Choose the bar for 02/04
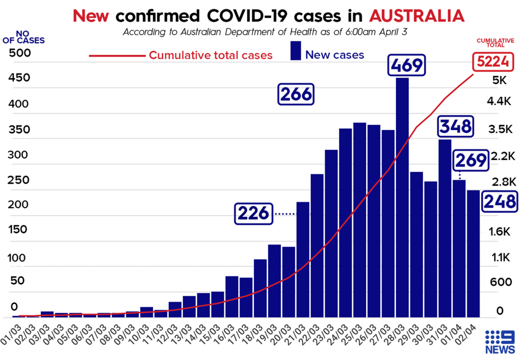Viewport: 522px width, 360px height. (x=473, y=253)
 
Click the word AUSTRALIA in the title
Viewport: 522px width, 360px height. (x=416, y=15)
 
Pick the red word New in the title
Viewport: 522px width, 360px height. (x=91, y=15)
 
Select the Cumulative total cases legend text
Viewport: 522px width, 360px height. (x=211, y=55)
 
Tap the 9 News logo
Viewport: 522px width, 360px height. (x=500, y=342)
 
